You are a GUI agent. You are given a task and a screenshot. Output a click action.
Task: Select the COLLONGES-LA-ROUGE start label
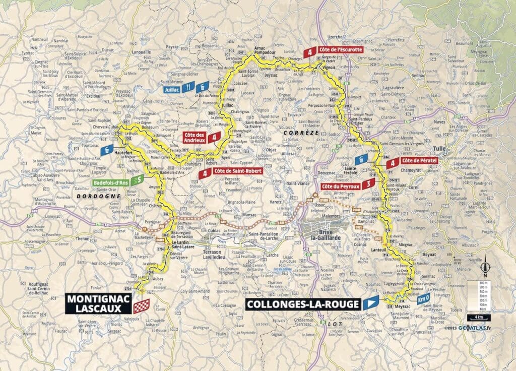click(x=303, y=304)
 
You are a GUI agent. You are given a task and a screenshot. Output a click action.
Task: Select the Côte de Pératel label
click(x=419, y=161)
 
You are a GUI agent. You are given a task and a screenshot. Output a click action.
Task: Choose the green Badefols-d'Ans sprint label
click(x=112, y=181)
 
